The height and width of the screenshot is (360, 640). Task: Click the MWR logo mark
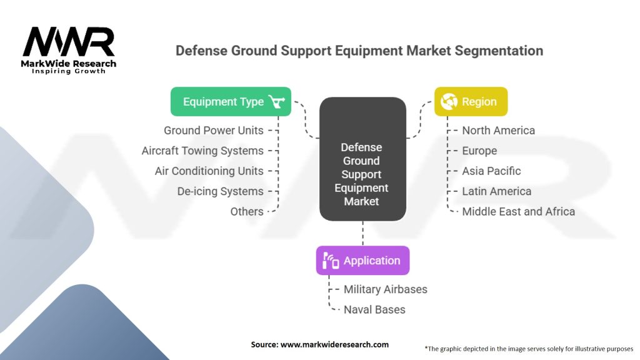69,43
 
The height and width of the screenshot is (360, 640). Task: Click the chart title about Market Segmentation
359,50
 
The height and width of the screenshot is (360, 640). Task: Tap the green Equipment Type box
231,101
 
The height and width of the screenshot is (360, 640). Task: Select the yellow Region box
471,101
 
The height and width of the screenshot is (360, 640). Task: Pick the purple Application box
362,261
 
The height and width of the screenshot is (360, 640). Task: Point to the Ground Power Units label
213,130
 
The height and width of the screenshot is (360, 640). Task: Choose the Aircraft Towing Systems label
202,151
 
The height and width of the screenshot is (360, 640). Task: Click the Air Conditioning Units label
209,171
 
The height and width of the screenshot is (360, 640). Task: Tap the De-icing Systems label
220,191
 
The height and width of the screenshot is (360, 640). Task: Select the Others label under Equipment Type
247,211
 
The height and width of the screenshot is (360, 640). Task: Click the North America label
498,130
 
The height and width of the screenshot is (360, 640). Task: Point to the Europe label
479,151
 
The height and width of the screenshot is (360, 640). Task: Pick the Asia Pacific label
491,171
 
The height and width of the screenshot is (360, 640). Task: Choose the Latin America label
496,191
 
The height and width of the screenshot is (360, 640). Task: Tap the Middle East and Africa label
518,211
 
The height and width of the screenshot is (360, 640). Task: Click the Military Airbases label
385,289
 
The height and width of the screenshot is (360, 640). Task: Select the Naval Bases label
374,309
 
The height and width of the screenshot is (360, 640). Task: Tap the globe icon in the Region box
449,101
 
